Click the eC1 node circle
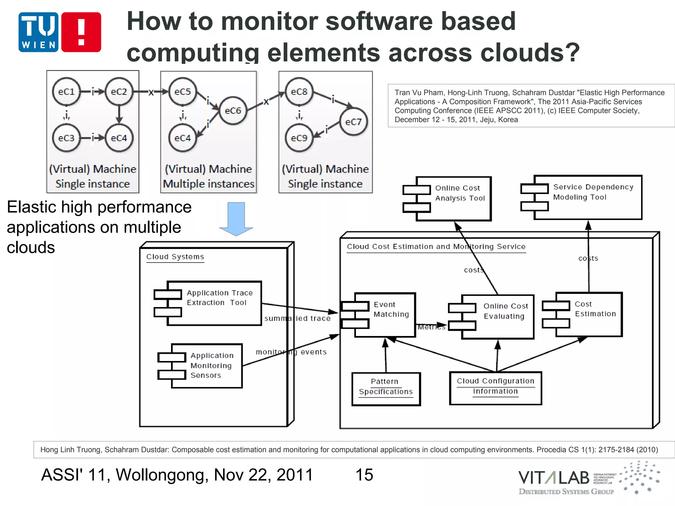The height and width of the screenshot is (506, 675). click(x=66, y=92)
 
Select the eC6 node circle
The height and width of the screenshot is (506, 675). click(x=233, y=111)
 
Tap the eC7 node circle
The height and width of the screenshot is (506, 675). click(x=353, y=122)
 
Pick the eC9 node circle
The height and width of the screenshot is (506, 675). click(x=299, y=138)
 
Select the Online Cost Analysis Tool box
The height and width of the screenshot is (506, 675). click(x=453, y=198)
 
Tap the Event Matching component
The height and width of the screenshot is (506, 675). click(x=384, y=315)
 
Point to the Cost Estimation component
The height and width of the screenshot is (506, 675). click(x=589, y=314)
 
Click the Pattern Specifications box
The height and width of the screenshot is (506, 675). click(x=386, y=389)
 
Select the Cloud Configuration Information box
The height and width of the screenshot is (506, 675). click(x=495, y=388)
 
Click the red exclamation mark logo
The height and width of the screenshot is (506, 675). click(x=81, y=32)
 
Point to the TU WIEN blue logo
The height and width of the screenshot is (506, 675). click(x=39, y=32)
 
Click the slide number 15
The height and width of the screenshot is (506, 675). click(x=364, y=475)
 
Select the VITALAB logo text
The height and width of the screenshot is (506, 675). click(x=554, y=478)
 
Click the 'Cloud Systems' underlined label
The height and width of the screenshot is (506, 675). click(x=175, y=257)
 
